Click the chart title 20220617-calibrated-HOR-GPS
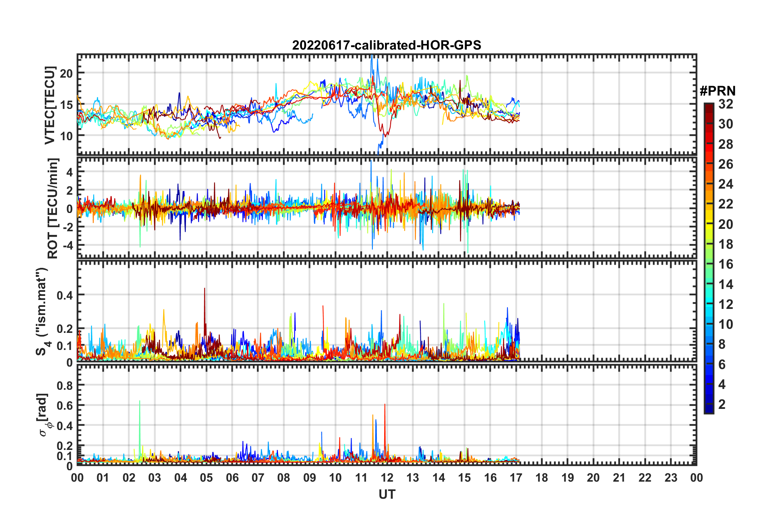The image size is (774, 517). coord(387,45)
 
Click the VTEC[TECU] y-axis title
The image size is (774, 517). coord(50,105)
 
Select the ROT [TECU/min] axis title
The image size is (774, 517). coord(52,209)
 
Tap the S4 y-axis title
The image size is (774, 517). coord(42,311)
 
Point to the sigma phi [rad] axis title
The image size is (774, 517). coord(43,415)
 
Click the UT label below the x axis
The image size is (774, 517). coord(387,494)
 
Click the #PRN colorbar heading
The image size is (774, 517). coord(717,91)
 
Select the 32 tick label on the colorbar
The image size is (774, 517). coord(726,104)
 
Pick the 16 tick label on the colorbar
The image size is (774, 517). coord(726,264)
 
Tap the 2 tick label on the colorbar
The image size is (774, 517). coord(722,404)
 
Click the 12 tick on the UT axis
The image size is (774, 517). coord(387,478)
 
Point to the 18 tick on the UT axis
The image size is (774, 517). coord(542,478)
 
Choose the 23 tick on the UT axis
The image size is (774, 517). coord(671,478)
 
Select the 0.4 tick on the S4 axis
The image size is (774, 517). coord(65,295)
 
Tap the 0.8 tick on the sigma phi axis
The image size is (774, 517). coord(65,385)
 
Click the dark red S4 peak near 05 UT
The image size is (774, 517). coord(205,289)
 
